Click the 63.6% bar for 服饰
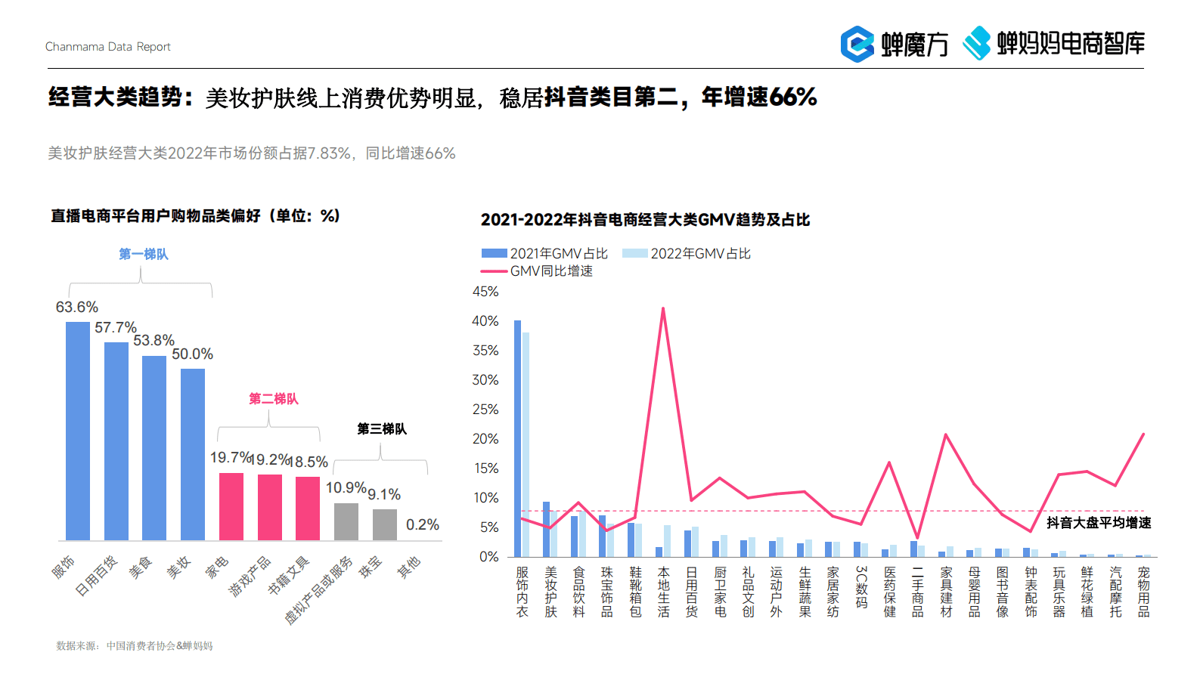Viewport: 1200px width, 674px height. pyautogui.click(x=78, y=431)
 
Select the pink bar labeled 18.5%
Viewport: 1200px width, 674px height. pyautogui.click(x=308, y=508)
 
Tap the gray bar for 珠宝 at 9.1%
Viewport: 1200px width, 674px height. pyautogui.click(x=385, y=524)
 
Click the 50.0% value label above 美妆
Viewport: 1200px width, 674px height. pyautogui.click(x=192, y=354)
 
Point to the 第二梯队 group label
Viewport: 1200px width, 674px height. pyautogui.click(x=274, y=398)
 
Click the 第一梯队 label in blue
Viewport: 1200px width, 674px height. pyautogui.click(x=144, y=254)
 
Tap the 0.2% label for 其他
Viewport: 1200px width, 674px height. pyautogui.click(x=422, y=524)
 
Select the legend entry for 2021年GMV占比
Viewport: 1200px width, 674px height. pyautogui.click(x=545, y=254)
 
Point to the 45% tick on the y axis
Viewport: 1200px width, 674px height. pyautogui.click(x=485, y=292)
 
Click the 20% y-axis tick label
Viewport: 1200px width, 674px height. pyautogui.click(x=485, y=439)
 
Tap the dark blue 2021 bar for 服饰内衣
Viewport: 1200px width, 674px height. pyautogui.click(x=518, y=438)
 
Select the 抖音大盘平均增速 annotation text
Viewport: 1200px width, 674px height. pyautogui.click(x=1099, y=523)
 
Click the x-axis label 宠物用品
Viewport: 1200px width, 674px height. pyautogui.click(x=1143, y=592)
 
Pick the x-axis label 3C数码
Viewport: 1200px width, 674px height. pyautogui.click(x=861, y=587)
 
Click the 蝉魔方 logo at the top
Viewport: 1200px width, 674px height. pyautogui.click(x=895, y=44)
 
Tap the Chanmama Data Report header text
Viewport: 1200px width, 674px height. pyautogui.click(x=108, y=47)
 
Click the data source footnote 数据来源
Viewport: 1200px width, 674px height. pyautogui.click(x=135, y=646)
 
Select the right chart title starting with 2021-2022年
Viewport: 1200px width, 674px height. pyautogui.click(x=645, y=220)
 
